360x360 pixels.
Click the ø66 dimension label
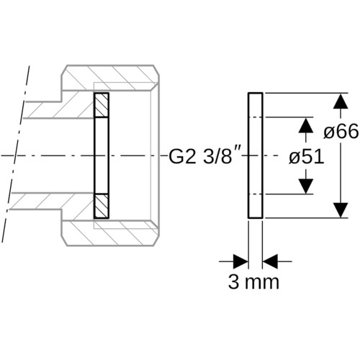point(341,132)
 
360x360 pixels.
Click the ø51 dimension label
point(307,157)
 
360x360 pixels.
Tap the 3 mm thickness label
point(253,282)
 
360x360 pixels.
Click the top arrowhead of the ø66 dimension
point(341,102)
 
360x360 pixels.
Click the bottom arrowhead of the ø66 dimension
point(341,210)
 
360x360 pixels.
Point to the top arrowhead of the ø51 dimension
point(306,125)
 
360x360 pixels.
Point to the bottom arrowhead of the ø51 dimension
point(306,186)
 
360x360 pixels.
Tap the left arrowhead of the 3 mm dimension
point(240,261)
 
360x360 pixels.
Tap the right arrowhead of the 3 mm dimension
point(270,261)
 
